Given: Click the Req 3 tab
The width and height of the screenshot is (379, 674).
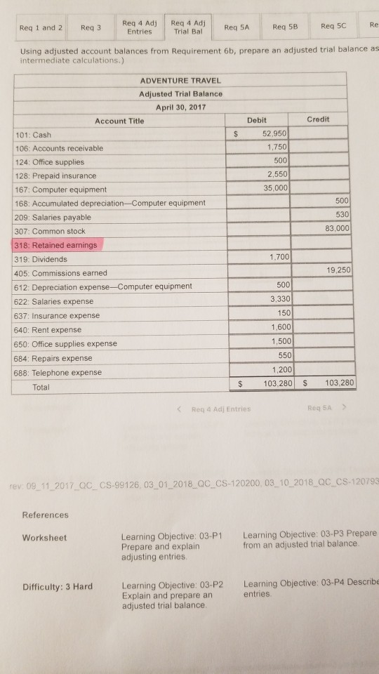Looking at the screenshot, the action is coord(91,28).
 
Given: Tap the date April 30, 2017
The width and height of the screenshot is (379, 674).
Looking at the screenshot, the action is coord(180,106).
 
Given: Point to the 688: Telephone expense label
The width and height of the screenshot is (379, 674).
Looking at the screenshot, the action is coord(58,372).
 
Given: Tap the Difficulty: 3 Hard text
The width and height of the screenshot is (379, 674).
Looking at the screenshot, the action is coord(58,586).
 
